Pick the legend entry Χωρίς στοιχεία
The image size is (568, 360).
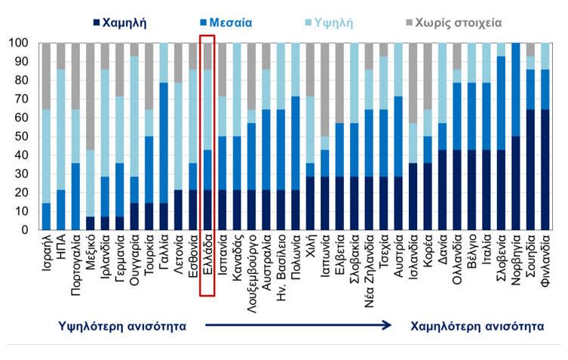click(x=453, y=23)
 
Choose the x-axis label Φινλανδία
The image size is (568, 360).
click(x=545, y=260)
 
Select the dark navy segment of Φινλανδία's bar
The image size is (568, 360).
click(x=545, y=170)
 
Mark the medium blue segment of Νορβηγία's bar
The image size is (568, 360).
click(x=516, y=90)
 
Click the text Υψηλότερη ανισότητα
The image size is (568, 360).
click(x=121, y=326)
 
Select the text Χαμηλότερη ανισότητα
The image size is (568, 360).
click(x=477, y=326)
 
